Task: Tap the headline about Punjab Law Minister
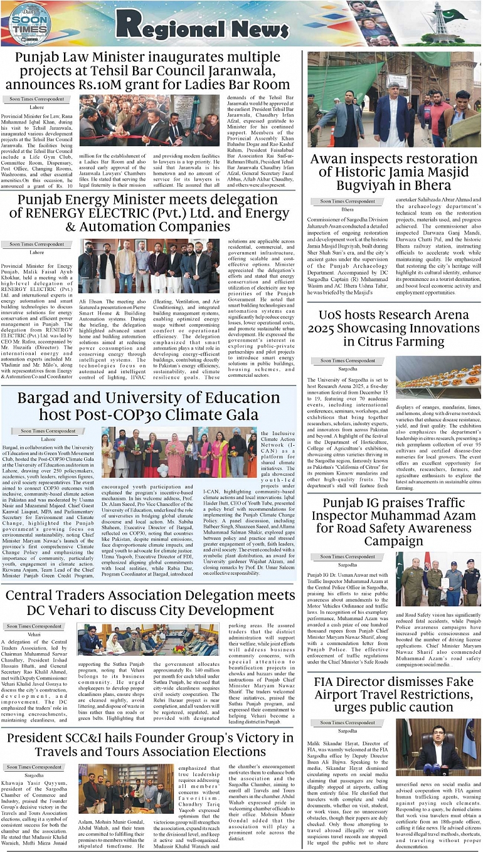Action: [x=153, y=71]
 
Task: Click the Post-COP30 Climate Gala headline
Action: [x=149, y=406]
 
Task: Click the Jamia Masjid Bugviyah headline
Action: [x=393, y=172]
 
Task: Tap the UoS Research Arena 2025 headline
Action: [x=393, y=328]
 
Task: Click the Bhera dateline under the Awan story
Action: [x=347, y=209]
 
